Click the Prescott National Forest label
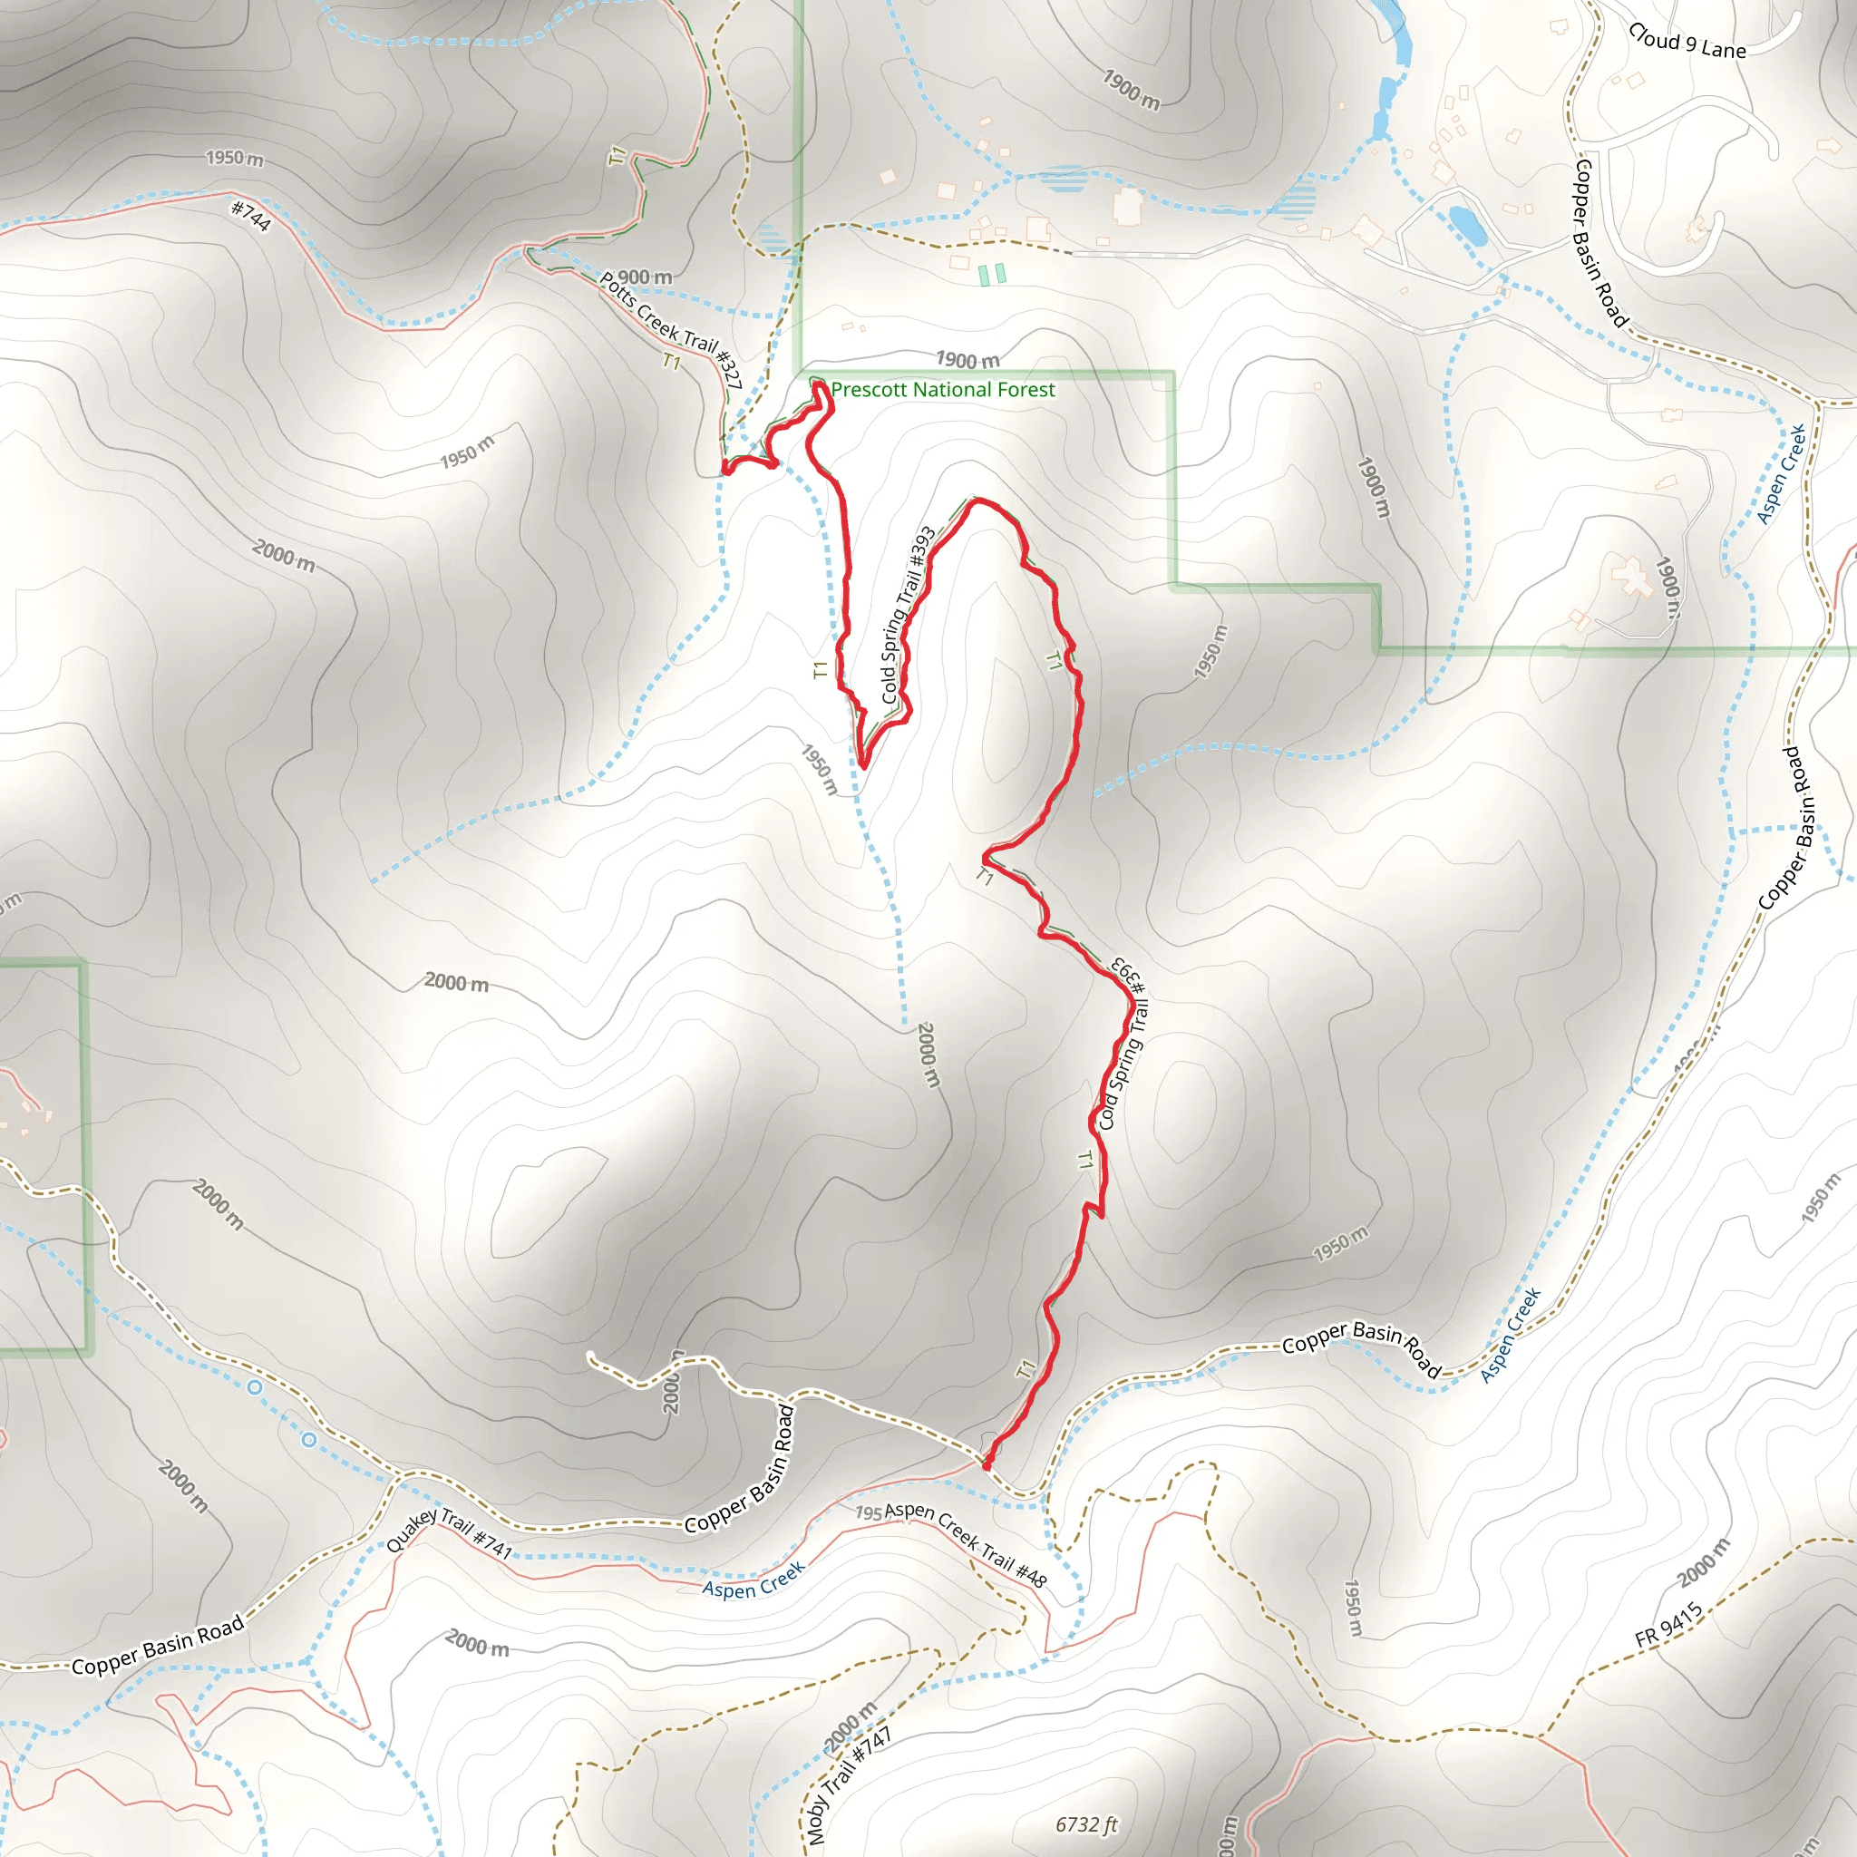coord(942,389)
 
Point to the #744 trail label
coord(252,215)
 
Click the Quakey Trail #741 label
coord(449,1532)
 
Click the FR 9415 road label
coord(1668,1624)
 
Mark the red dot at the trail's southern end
coord(987,1466)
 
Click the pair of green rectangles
coord(992,274)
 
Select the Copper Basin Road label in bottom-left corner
coord(159,1646)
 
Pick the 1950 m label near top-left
coord(235,158)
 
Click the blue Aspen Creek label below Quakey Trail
coord(753,1580)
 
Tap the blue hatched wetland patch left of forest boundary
coord(772,237)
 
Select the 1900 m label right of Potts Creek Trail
coord(967,361)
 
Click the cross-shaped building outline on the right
coord(1631,578)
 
